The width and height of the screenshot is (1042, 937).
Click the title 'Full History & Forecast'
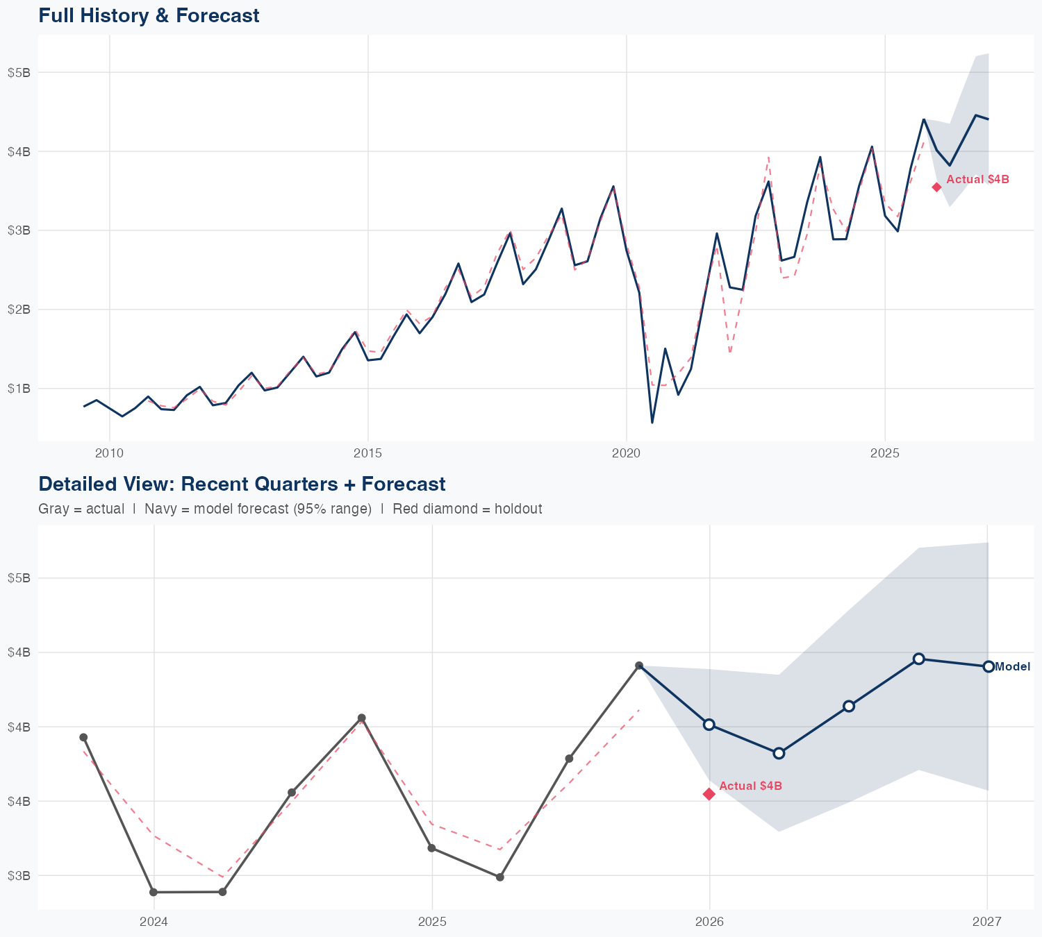coord(149,15)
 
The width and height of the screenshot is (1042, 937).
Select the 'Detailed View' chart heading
coord(242,484)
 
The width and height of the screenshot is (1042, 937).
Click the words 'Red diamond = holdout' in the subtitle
coord(467,509)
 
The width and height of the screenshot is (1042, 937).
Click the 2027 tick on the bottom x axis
coord(986,922)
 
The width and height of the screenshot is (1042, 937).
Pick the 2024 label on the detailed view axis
coord(154,922)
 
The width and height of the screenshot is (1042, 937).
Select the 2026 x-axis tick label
coord(709,922)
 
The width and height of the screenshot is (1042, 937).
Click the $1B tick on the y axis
coord(19,389)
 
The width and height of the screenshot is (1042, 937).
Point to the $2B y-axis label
coord(19,310)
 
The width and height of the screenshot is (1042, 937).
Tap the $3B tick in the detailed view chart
coord(19,876)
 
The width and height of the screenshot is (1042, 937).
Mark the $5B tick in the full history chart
coord(19,73)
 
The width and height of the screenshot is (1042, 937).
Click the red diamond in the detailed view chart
coord(709,794)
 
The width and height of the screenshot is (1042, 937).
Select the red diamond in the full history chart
coord(936,187)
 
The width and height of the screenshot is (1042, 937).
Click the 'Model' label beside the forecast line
coord(1012,667)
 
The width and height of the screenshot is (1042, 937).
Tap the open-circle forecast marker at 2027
coord(988,666)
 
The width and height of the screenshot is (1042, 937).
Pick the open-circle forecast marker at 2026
coord(709,725)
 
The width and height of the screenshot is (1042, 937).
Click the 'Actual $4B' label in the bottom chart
coord(750,786)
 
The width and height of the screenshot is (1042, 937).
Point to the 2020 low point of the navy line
coord(652,422)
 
